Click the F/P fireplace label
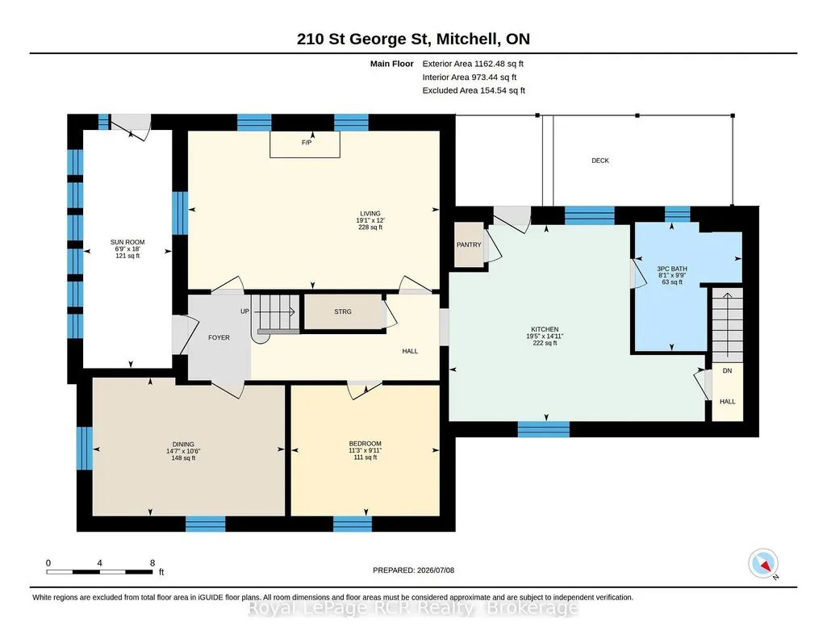(307, 142)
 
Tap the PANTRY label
(469, 244)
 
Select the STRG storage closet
(343, 312)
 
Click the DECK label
(600, 161)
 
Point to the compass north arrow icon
(763, 564)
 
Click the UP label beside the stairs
(244, 311)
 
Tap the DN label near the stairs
(727, 370)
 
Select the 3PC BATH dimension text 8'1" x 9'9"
(672, 275)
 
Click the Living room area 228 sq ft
(370, 228)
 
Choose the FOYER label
(219, 337)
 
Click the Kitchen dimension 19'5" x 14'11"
(545, 336)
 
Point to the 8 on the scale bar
(152, 563)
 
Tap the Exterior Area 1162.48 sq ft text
(473, 64)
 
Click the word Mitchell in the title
(468, 39)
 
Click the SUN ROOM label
(127, 242)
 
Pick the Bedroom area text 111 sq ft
(365, 457)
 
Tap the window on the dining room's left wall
(85, 448)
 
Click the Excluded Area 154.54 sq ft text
(474, 90)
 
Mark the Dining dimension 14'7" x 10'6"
(183, 451)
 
